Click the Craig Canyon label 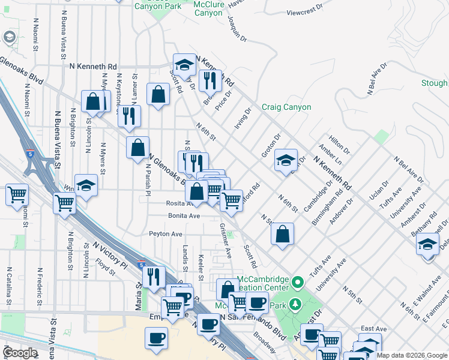pyautogui.click(x=286, y=107)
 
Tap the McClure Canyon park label pyautogui.click(x=209, y=8)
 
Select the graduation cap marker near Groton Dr pyautogui.click(x=286, y=161)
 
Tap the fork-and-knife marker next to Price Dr pyautogui.click(x=210, y=80)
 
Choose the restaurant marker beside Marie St pyautogui.click(x=154, y=276)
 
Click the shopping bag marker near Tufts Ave pyautogui.click(x=282, y=234)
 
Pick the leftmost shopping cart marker pyautogui.click(x=17, y=194)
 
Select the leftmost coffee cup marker pyautogui.click(x=156, y=337)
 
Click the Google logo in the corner pyautogui.click(x=20, y=353)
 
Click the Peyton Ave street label pyautogui.click(x=165, y=234)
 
